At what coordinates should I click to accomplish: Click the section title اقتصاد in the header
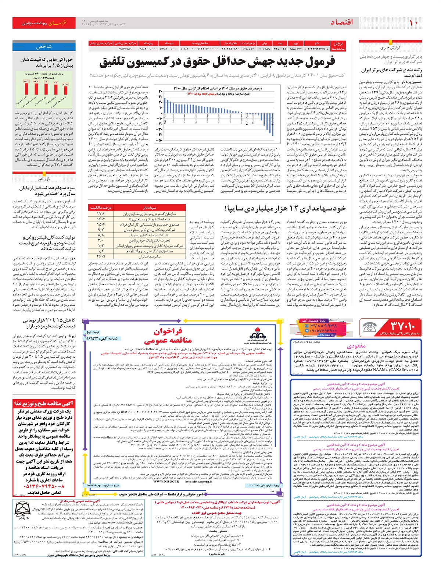(341, 22)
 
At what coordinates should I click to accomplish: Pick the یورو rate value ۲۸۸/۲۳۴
(296, 49)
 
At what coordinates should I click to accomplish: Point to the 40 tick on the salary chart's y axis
(160, 92)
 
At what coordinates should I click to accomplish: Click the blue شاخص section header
(44, 47)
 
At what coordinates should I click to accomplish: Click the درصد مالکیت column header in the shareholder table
(100, 208)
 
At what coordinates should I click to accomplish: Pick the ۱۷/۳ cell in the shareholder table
(100, 213)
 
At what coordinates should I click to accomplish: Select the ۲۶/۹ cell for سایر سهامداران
(100, 256)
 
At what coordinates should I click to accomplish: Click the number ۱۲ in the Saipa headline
(297, 209)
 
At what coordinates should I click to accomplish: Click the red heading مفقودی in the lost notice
(356, 346)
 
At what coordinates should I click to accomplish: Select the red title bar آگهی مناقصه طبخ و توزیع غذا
(44, 404)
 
